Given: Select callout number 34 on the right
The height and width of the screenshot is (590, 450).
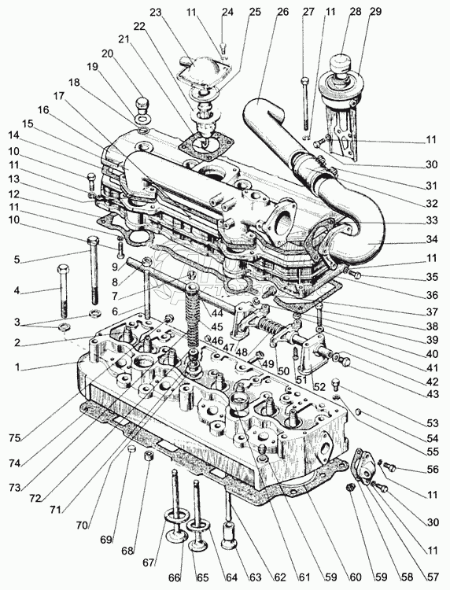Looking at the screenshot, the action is click(x=432, y=239).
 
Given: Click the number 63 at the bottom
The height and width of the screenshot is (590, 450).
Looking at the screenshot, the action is click(x=255, y=577).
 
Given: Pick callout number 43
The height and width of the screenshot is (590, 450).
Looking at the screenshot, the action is click(x=433, y=394).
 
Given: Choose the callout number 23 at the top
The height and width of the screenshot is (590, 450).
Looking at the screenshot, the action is click(x=156, y=12).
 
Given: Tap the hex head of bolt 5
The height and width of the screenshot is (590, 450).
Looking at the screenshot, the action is click(x=93, y=240).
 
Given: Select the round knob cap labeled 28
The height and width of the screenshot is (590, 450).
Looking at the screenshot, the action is click(x=340, y=61).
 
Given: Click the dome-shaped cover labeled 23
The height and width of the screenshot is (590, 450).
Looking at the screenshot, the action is click(x=199, y=68).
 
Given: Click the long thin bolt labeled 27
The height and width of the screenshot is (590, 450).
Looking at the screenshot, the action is click(x=304, y=104).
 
